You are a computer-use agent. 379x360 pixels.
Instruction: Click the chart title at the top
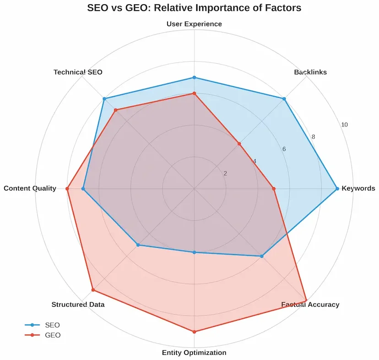[194, 8]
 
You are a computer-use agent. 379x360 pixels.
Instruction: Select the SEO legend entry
[43, 325]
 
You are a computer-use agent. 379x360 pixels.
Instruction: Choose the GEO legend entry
[43, 335]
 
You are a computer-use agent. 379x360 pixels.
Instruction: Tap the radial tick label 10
[344, 125]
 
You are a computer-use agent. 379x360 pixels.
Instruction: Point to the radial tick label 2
[225, 174]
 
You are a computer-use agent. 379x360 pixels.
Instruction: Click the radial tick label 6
[284, 149]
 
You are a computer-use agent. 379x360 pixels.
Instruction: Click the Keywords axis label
[358, 188]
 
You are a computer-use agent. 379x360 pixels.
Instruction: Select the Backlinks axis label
[310, 72]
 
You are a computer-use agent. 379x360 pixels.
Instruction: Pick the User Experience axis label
[194, 24]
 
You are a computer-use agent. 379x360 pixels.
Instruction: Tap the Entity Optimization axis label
[194, 353]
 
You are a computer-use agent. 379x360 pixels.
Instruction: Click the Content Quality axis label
[30, 188]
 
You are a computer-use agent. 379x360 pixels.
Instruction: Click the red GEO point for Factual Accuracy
[306, 301]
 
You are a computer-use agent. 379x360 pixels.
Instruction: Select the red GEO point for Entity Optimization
[194, 332]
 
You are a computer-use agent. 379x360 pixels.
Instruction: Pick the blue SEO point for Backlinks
[284, 99]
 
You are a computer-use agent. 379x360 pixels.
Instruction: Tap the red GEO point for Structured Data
[93, 289]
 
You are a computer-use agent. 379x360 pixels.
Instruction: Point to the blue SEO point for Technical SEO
[104, 99]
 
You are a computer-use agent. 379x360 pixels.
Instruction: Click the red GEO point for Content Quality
[67, 188]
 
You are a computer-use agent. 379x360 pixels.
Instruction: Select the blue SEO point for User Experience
[194, 77]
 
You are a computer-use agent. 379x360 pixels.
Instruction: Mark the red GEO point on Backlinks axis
[239, 144]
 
